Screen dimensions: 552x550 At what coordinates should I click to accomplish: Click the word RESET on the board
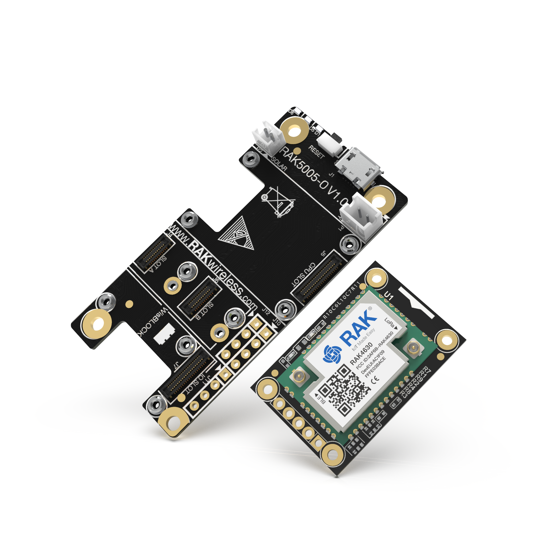pos(316,152)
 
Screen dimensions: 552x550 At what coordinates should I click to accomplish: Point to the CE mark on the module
pos(375,379)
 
